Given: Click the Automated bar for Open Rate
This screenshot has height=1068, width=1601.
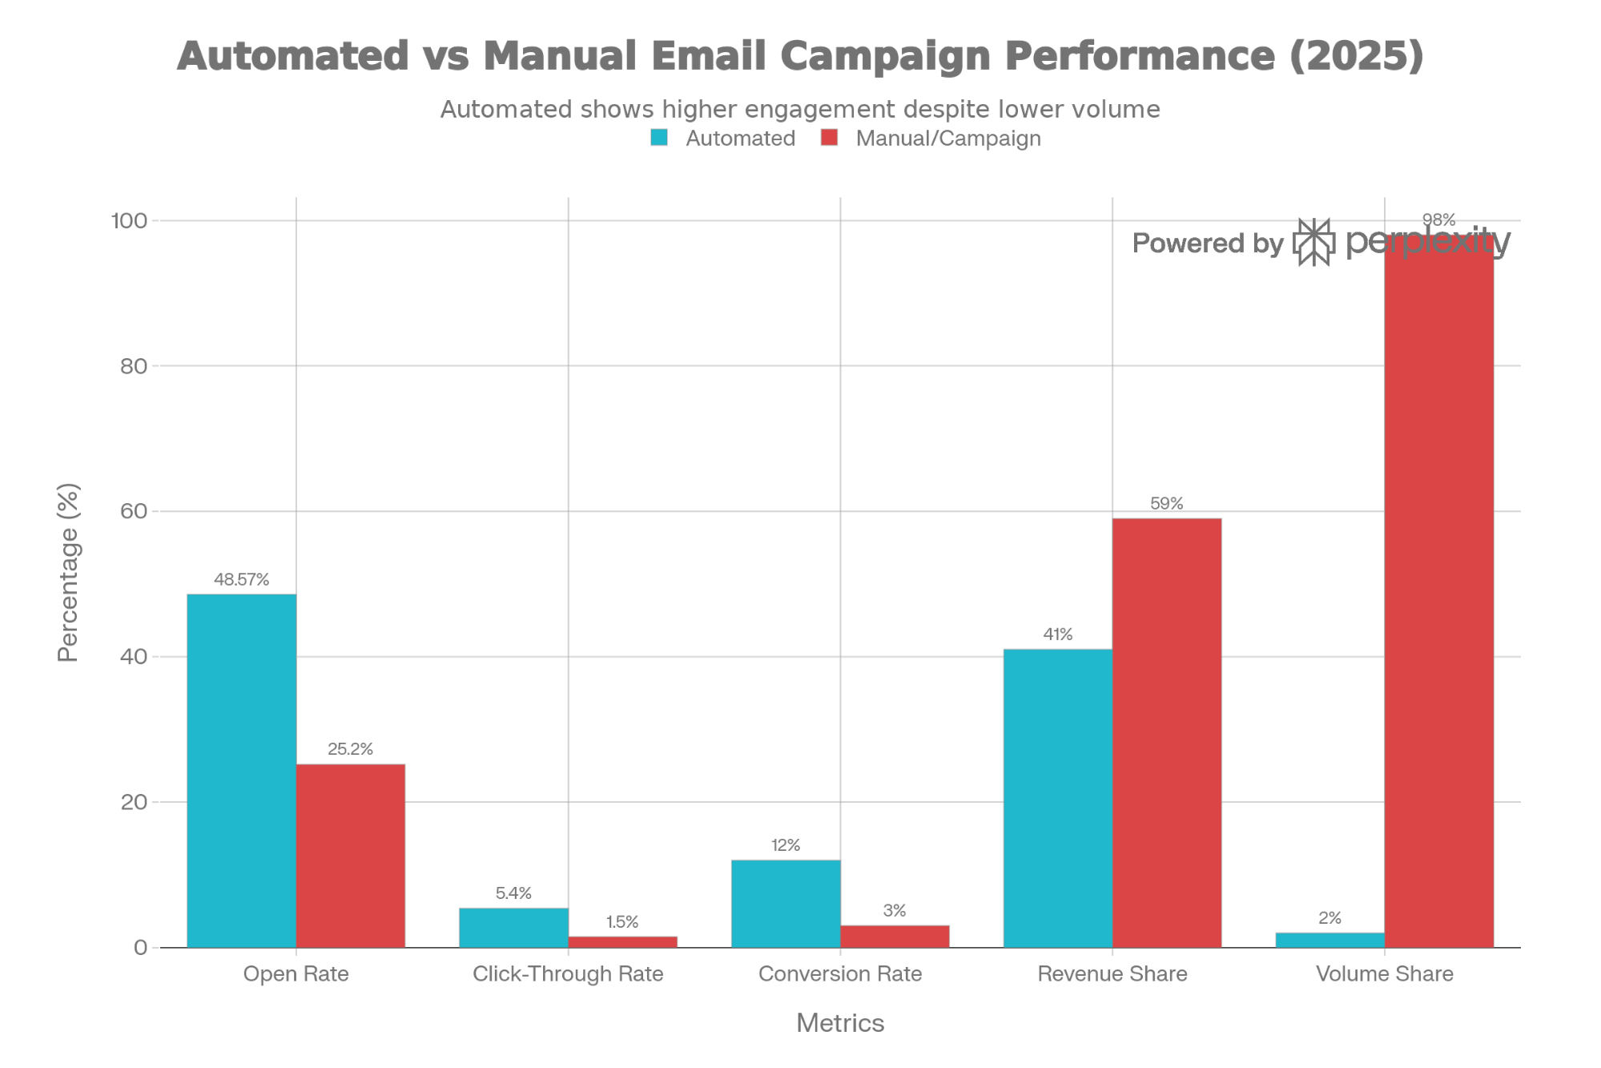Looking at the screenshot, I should pyautogui.click(x=241, y=770).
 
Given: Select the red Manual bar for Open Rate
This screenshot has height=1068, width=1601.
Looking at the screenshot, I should pyautogui.click(x=351, y=855).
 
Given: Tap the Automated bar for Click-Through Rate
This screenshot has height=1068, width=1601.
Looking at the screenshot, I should pyautogui.click(x=513, y=927).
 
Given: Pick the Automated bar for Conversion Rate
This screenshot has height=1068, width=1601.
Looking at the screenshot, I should pyautogui.click(x=785, y=903).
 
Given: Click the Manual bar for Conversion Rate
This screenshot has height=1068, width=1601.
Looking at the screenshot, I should pyautogui.click(x=895, y=936).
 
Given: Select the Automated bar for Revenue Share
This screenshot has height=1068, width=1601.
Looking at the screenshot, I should pyautogui.click(x=1057, y=798).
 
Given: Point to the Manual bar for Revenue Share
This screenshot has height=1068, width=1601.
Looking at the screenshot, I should pyautogui.click(x=1167, y=732).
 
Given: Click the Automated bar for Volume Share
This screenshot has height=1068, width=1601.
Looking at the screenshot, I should pyautogui.click(x=1329, y=940).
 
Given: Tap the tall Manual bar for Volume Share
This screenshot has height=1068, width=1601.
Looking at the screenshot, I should pyautogui.click(x=1439, y=593).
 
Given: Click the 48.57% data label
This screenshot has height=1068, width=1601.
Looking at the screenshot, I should pyautogui.click(x=241, y=579).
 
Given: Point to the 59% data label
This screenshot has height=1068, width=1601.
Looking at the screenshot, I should pyautogui.click(x=1166, y=504).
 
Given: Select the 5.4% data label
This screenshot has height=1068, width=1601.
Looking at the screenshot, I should pyautogui.click(x=513, y=893).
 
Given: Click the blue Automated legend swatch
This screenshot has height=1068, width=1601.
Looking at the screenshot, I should pyautogui.click(x=659, y=138).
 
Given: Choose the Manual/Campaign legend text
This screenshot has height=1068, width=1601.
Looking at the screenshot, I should pyautogui.click(x=948, y=139).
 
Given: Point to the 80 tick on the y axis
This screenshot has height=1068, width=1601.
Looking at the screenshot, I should pyautogui.click(x=133, y=366).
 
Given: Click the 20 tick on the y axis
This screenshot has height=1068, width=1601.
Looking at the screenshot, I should pyautogui.click(x=133, y=802).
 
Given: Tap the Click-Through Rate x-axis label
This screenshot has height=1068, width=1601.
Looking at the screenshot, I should pyautogui.click(x=568, y=974).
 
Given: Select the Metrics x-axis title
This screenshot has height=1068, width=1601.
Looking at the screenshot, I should pyautogui.click(x=840, y=1023).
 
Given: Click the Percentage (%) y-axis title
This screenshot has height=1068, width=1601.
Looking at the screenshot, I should pyautogui.click(x=69, y=572).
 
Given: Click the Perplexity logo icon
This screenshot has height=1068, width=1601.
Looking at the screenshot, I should pyautogui.click(x=1314, y=242).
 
